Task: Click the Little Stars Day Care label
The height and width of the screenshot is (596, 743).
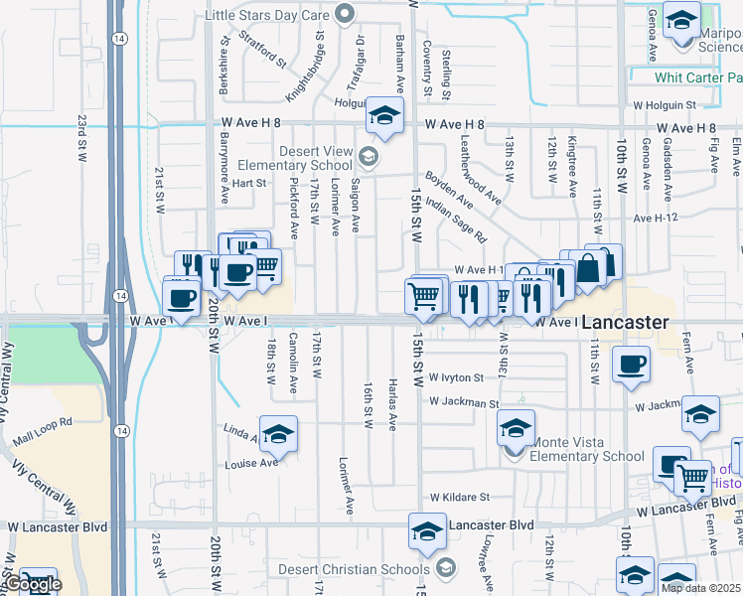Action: click(x=268, y=15)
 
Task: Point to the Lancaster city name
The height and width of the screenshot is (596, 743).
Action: click(x=625, y=323)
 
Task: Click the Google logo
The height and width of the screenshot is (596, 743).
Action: click(x=32, y=584)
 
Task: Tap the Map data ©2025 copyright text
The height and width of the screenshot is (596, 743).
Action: click(x=700, y=588)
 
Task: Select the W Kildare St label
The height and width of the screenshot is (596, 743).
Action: click(x=460, y=497)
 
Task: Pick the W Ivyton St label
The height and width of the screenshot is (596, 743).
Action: click(x=456, y=378)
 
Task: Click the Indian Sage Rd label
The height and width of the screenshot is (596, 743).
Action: click(x=455, y=220)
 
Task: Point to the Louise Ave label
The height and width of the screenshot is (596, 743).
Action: click(x=251, y=464)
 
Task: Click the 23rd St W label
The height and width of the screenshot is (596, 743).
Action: click(x=81, y=135)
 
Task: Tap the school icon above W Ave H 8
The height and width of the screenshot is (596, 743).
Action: click(x=384, y=115)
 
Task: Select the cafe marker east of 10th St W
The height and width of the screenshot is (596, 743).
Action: click(x=631, y=364)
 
